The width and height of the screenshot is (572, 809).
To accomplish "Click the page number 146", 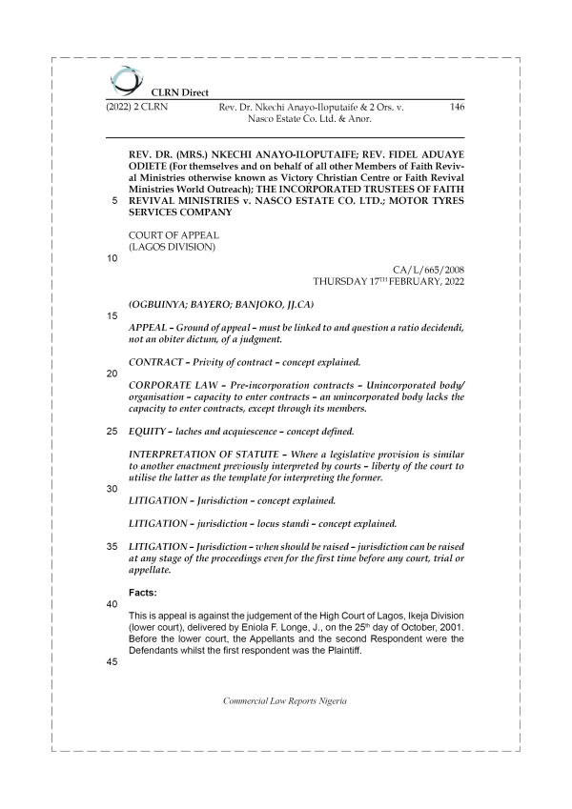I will (x=456, y=109).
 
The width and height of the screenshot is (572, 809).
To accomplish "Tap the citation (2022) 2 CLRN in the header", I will (x=133, y=109).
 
